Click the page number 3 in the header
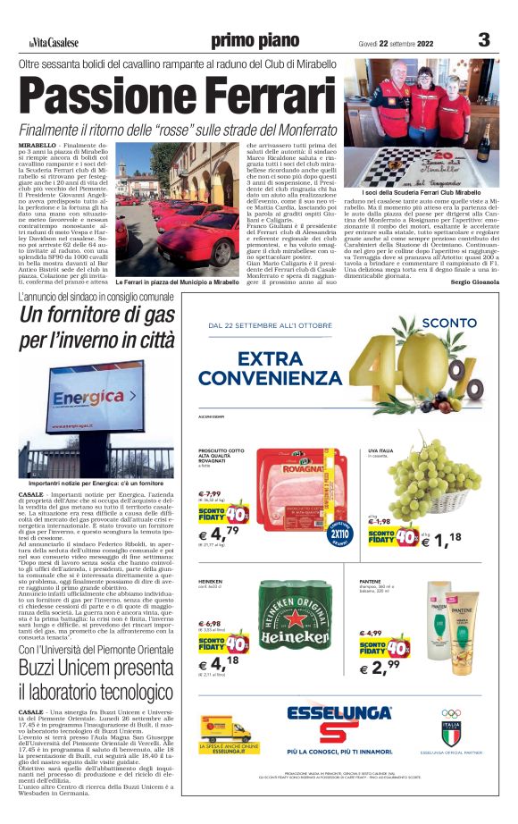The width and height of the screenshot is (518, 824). click(x=483, y=39)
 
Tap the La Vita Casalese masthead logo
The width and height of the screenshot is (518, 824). click(x=53, y=42)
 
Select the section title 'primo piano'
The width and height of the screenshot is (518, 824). click(x=255, y=40)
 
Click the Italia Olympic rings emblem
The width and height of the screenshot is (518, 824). click(x=451, y=719)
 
